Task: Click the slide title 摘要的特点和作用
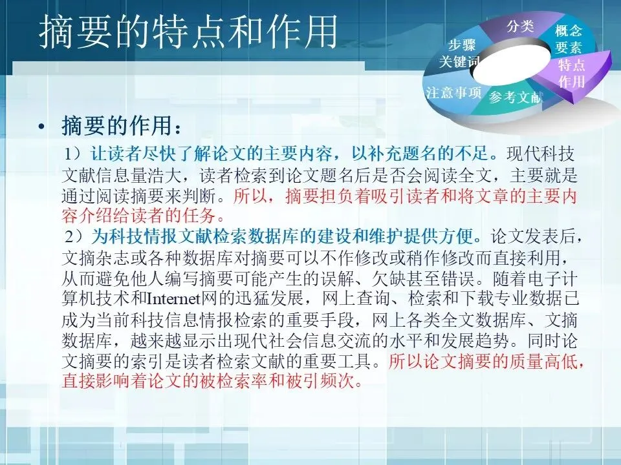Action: [x=188, y=32]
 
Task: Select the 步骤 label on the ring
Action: [x=462, y=45]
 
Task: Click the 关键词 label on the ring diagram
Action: [x=459, y=61]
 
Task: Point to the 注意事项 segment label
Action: [x=453, y=92]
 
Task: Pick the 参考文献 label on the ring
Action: [x=515, y=96]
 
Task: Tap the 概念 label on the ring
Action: [x=569, y=31]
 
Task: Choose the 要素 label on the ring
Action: [x=569, y=47]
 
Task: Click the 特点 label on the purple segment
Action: [x=571, y=65]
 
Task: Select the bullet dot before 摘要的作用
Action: [x=41, y=127]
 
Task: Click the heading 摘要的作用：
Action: [x=122, y=125]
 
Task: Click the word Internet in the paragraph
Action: [x=174, y=299]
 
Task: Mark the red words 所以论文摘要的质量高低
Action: [x=486, y=360]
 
